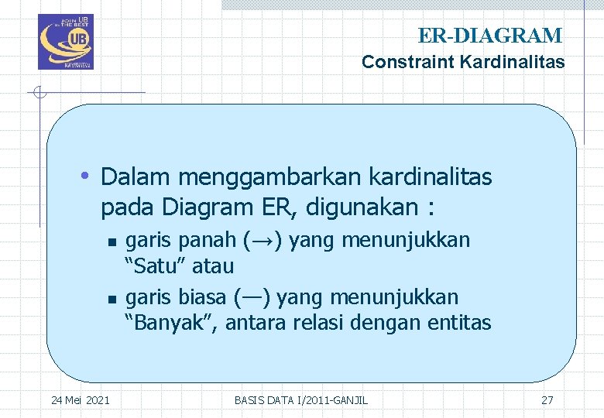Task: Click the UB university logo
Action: tap(65, 42)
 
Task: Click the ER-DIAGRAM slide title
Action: tap(489, 36)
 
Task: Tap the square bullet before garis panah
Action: tap(112, 242)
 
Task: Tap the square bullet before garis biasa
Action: tap(112, 298)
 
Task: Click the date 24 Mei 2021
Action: tap(80, 400)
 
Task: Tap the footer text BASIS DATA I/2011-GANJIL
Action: tap(301, 400)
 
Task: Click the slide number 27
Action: tap(547, 400)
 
